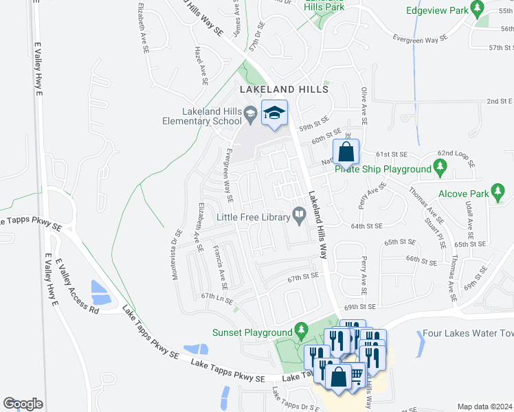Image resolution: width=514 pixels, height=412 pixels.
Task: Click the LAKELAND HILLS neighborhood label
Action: tap(284, 89)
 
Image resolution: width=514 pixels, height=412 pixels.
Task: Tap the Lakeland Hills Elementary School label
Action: tap(212, 117)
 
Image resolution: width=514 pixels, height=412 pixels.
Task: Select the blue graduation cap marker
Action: tap(274, 114)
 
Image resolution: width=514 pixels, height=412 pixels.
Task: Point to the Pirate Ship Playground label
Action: tap(383, 168)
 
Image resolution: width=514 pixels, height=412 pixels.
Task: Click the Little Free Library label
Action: tap(254, 217)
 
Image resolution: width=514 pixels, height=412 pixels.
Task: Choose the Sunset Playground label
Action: tap(253, 332)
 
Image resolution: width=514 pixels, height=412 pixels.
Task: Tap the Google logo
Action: tap(23, 403)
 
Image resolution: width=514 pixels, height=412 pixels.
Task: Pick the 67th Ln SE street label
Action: tap(218, 299)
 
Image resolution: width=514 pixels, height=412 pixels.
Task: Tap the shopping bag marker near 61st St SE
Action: tap(346, 153)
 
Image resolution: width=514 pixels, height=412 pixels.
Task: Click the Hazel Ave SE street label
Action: tap(201, 67)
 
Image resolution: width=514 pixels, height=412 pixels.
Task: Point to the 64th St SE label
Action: tap(366, 225)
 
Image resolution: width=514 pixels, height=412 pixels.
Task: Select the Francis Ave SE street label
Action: tap(220, 266)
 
